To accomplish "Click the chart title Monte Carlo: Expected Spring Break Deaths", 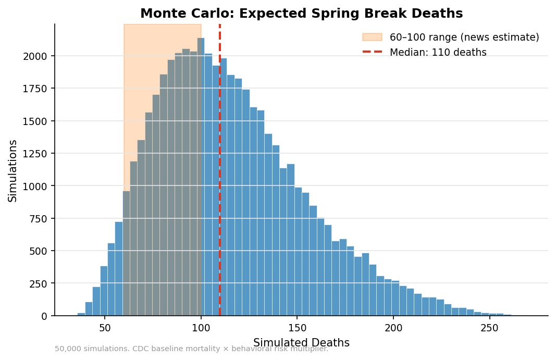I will click(301, 14).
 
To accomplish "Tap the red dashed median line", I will click(220, 156).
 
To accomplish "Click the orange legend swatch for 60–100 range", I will click(372, 38).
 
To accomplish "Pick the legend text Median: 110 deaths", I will click(438, 53).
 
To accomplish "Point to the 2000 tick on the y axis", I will click(39, 56).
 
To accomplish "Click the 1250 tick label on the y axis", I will click(39, 154).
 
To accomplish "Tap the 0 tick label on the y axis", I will click(45, 316).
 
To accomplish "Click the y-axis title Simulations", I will click(13, 170).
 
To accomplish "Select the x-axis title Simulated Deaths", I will click(301, 343).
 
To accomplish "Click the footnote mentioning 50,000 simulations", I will click(191, 349).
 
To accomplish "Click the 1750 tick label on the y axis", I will click(39, 89).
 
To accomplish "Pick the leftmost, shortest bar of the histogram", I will click(81, 314).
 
